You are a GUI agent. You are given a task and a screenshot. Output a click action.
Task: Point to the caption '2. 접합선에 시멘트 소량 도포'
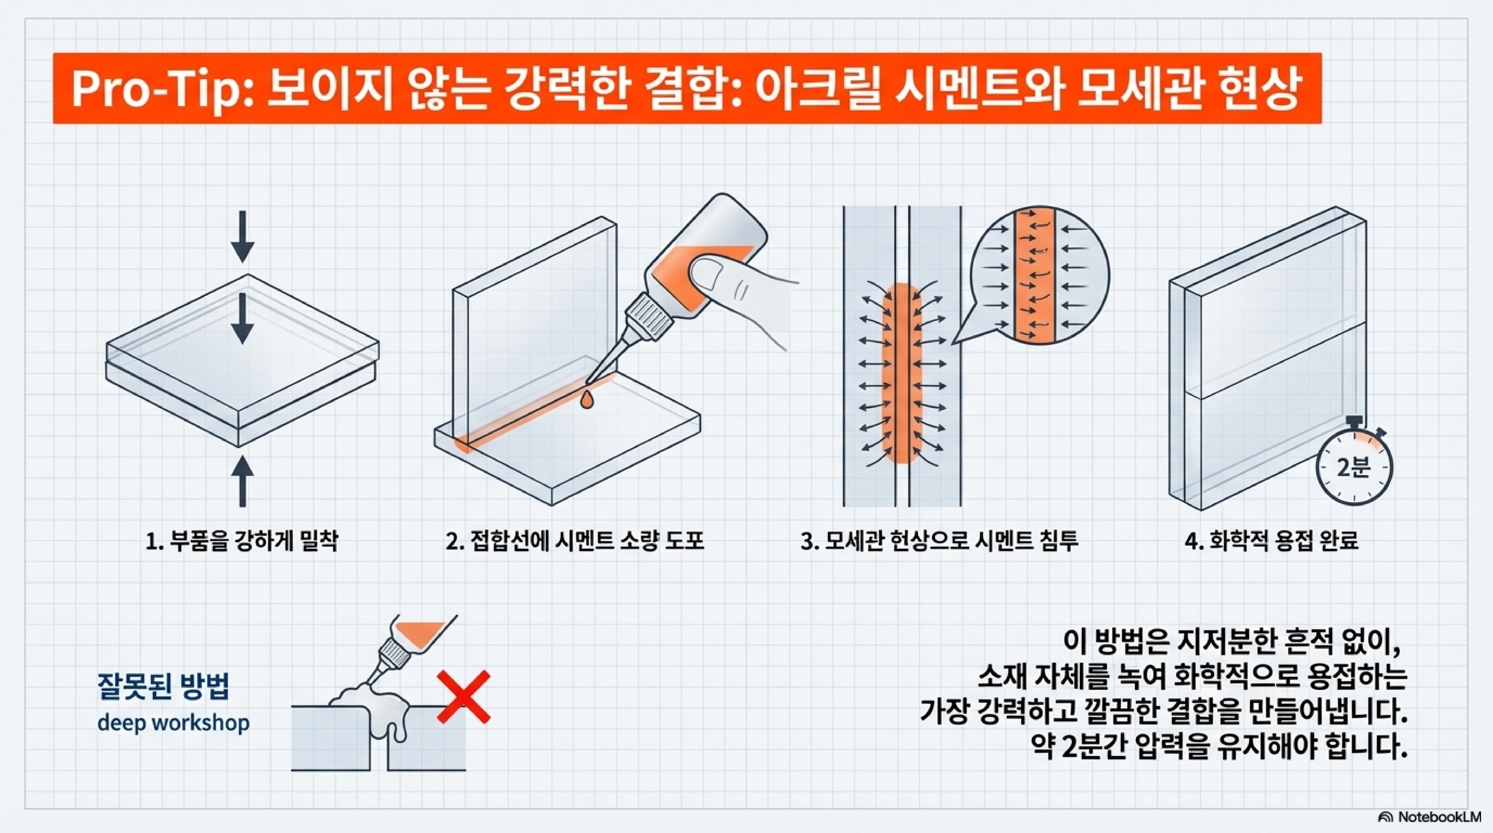(575, 542)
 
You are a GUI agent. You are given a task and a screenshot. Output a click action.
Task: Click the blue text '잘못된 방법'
(164, 687)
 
